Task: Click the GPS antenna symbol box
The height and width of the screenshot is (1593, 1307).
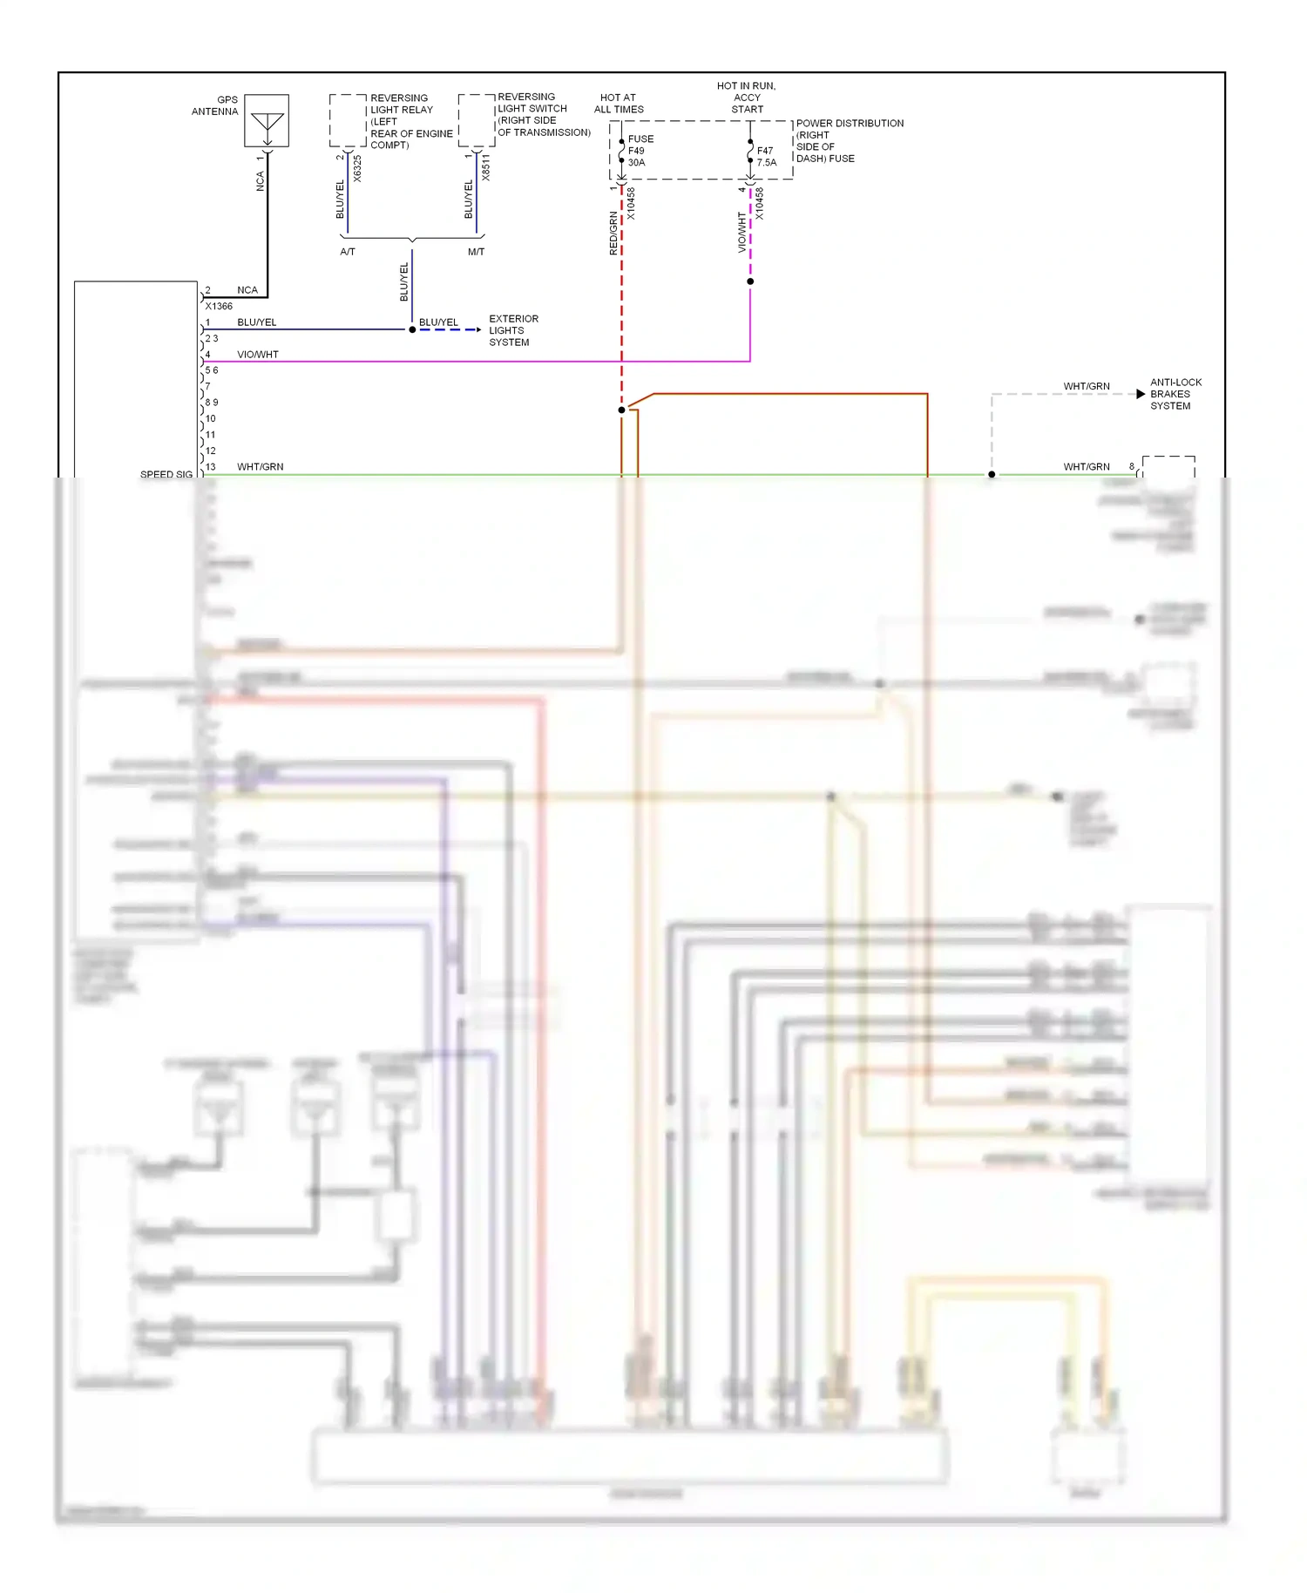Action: [267, 120]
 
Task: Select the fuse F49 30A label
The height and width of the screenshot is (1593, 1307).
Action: [639, 151]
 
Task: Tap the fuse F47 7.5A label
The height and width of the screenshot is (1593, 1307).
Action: [766, 157]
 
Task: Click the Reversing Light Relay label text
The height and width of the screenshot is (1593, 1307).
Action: [410, 121]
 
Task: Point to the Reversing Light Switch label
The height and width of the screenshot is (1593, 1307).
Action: [543, 114]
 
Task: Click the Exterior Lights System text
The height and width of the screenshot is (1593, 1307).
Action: [512, 330]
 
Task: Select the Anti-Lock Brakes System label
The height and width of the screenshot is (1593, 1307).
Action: [1175, 394]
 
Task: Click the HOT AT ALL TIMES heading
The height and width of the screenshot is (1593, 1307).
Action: [619, 104]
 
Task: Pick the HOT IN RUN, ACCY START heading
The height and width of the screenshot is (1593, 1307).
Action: [747, 98]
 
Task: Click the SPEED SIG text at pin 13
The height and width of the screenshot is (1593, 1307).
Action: [166, 475]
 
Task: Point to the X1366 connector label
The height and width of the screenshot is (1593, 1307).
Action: [219, 307]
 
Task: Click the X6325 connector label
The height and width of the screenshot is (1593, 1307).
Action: [357, 169]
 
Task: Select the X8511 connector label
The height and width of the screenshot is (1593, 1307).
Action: [485, 168]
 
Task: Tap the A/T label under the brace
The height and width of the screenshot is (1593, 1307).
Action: [348, 252]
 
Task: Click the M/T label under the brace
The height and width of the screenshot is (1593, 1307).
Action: [476, 252]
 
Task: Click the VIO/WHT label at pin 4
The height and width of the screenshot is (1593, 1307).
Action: [258, 355]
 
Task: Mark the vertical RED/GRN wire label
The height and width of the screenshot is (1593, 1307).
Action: [613, 233]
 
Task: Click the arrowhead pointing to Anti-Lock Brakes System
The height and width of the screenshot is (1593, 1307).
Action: [1141, 394]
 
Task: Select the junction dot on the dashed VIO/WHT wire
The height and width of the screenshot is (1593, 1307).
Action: [750, 281]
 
